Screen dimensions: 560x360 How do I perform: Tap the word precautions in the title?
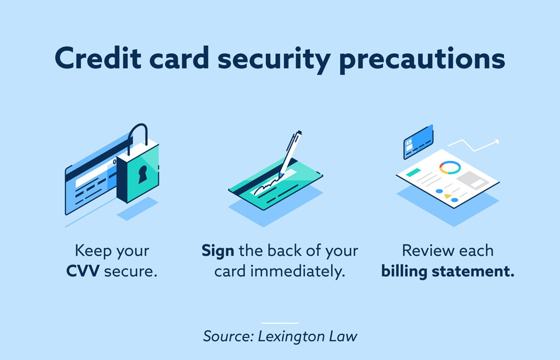(x=422, y=59)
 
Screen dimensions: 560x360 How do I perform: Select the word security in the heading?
(x=274, y=59)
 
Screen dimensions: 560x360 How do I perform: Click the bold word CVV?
(x=83, y=271)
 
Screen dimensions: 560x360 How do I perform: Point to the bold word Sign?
(x=218, y=252)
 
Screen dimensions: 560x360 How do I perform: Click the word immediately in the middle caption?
(x=297, y=272)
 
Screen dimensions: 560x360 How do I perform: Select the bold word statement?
(x=473, y=272)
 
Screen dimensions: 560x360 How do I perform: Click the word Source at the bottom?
(x=229, y=336)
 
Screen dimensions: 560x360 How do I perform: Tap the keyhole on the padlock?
(x=143, y=174)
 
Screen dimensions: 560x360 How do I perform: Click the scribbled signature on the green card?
(x=266, y=186)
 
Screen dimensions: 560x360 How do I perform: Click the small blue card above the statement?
(x=418, y=142)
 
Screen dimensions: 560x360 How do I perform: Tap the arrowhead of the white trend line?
(x=496, y=142)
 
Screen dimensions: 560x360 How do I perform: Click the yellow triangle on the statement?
(x=447, y=196)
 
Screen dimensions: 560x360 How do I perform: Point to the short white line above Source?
(x=280, y=323)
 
